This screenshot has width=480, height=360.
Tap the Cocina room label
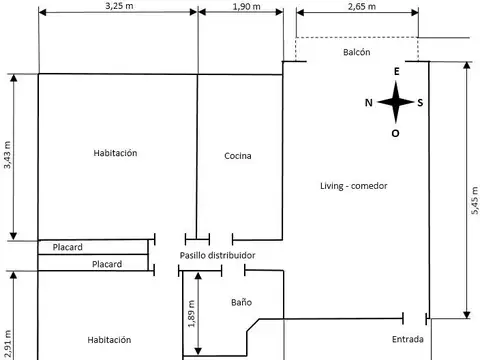238,156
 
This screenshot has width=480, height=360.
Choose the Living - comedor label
353,186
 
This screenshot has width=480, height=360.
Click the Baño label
241,301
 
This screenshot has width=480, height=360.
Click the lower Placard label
106,264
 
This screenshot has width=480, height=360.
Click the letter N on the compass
369,103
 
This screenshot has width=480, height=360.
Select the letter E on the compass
397,72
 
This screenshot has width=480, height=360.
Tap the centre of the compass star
397,102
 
